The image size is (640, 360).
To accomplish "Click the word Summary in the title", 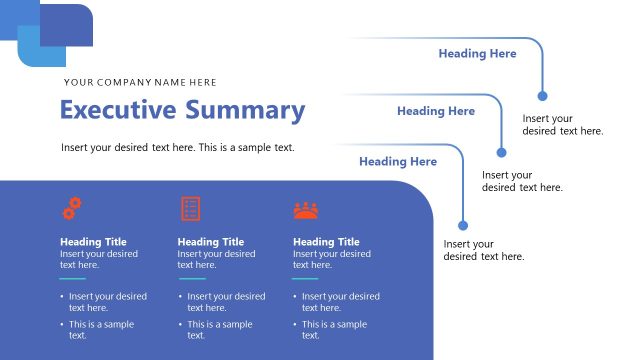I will point(244,110).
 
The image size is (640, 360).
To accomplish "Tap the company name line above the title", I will point(139,82).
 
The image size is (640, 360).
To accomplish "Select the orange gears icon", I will point(72,208).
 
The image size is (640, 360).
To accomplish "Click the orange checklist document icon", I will point(190,208).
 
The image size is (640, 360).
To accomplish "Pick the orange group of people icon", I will point(305,209).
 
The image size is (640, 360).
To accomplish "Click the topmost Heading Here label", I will point(477,54).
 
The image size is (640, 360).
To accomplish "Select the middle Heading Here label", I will point(436,111).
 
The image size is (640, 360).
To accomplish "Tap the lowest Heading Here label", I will point(398,161).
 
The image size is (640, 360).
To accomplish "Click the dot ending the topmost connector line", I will point(543,96).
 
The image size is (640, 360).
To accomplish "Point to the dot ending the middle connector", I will point(502,153).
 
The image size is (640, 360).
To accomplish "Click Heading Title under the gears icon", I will point(93,242).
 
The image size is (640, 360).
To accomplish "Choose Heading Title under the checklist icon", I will point(211,242).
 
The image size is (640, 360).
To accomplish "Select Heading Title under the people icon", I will point(326,242).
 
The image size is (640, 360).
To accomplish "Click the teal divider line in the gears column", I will point(72,279).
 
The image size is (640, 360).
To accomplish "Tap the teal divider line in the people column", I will point(305,279).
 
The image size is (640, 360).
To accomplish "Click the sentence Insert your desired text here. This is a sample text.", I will point(178,147).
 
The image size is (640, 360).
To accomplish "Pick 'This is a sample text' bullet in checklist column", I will point(219,330).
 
